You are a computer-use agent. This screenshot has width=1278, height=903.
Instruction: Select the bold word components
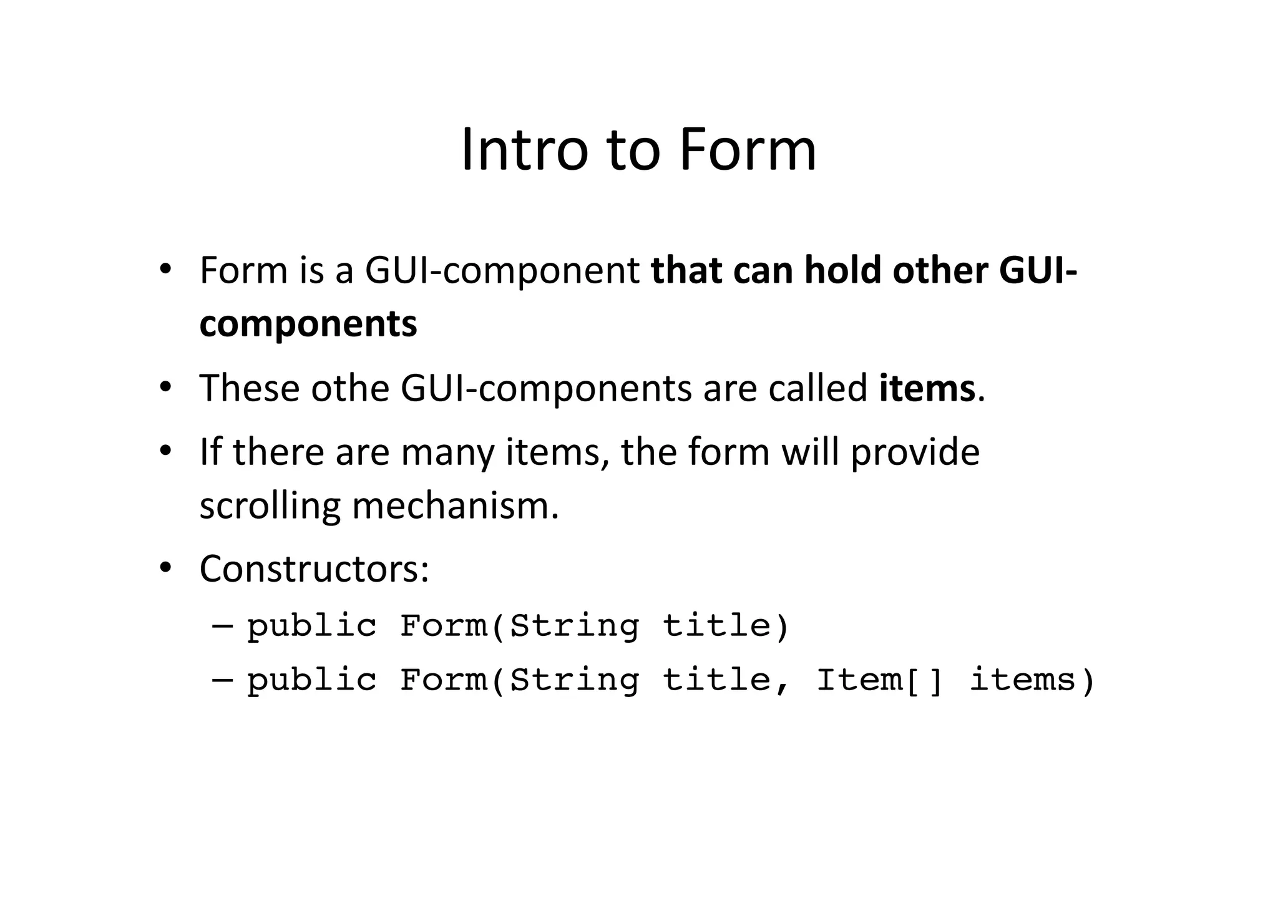coord(308,325)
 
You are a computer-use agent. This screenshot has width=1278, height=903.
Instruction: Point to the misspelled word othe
coord(350,388)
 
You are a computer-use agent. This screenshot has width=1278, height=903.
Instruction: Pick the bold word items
coord(927,388)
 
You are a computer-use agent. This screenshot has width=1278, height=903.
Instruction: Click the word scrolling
coord(270,505)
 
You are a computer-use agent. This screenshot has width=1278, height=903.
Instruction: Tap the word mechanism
coord(455,505)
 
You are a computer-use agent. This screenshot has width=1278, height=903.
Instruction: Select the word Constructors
coord(314,569)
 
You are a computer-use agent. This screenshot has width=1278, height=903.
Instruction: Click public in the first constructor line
coord(312,626)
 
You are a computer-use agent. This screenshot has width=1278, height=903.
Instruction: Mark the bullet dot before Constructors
coord(165,567)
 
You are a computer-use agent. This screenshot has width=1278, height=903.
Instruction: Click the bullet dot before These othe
coord(165,387)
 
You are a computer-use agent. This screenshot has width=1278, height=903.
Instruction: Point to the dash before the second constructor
coord(222,679)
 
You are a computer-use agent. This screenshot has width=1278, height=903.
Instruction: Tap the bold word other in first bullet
coord(940,270)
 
